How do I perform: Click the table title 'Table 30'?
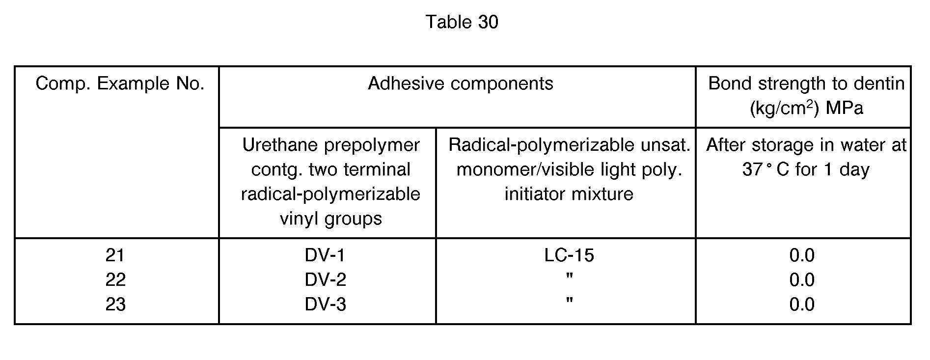(462, 22)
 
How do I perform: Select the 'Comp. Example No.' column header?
(120, 83)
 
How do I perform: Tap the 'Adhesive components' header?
(461, 83)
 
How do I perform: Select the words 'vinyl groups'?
(331, 219)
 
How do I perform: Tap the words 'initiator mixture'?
(569, 194)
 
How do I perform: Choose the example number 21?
(115, 255)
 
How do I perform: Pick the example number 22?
(115, 280)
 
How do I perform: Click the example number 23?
(115, 305)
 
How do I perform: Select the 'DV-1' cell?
(325, 255)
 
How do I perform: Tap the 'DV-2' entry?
(325, 280)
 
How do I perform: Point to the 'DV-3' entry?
(325, 305)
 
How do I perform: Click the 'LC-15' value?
(569, 255)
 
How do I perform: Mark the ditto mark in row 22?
(570, 276)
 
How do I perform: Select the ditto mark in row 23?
(570, 301)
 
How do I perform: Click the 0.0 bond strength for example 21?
(802, 255)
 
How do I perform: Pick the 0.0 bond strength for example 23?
(802, 305)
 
